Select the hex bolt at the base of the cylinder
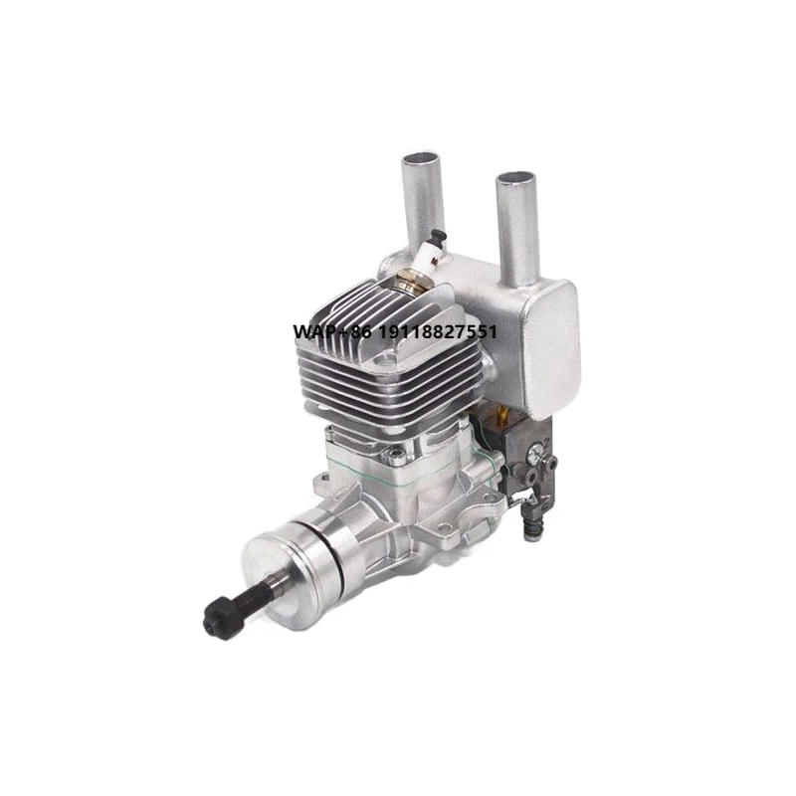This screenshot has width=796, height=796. tap(397, 456)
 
